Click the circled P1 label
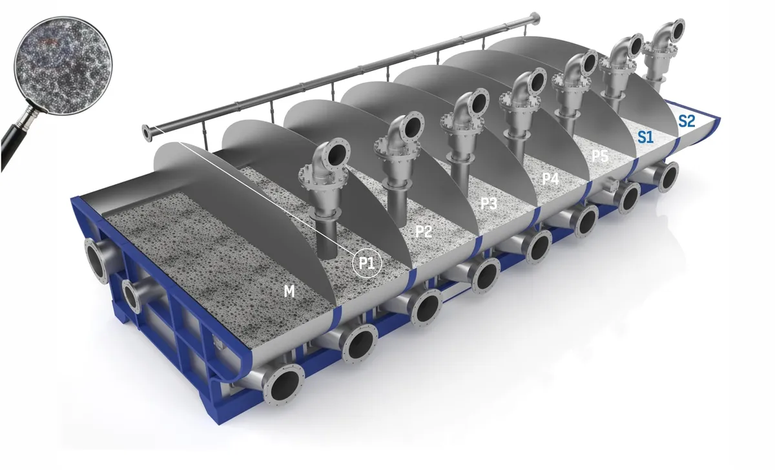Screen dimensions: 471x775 point(367,264)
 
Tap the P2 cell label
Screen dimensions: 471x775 point(423,231)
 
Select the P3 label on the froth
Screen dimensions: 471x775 point(489,204)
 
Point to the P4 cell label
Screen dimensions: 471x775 point(550,179)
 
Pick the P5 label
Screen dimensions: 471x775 point(600,156)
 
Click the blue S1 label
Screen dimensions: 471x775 point(645,136)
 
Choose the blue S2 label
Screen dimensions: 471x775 point(687,120)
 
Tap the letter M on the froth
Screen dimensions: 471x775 point(289,292)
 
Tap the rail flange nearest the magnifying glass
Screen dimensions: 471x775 point(147,133)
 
